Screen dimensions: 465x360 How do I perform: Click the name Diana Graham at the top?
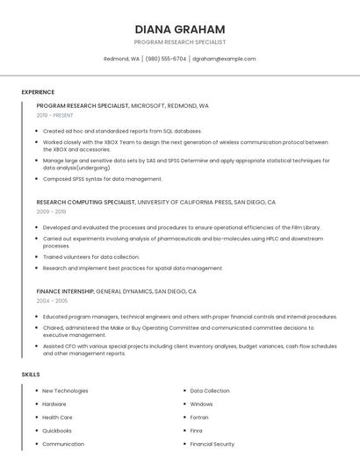[x=180, y=29]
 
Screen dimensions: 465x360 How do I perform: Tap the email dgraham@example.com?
[x=224, y=59]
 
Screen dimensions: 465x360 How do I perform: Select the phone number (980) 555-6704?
[x=166, y=59]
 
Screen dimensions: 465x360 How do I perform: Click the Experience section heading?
[x=38, y=92]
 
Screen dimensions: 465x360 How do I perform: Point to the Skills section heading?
[x=31, y=375]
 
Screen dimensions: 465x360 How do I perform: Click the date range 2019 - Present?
[x=55, y=115]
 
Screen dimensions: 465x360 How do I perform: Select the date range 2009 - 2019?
[x=52, y=211]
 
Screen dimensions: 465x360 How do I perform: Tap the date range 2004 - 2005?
[x=52, y=300]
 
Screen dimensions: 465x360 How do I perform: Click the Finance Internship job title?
[x=65, y=290]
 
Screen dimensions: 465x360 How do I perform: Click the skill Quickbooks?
[x=57, y=431]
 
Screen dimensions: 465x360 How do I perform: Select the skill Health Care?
[x=57, y=418]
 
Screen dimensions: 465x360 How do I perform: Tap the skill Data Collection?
[x=210, y=390]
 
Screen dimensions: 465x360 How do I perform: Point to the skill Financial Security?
[x=212, y=444]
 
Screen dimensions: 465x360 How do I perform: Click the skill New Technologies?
[x=65, y=390]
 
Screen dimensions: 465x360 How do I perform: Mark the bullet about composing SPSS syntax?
[x=103, y=179]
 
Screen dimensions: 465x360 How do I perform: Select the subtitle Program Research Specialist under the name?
[x=180, y=42]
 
